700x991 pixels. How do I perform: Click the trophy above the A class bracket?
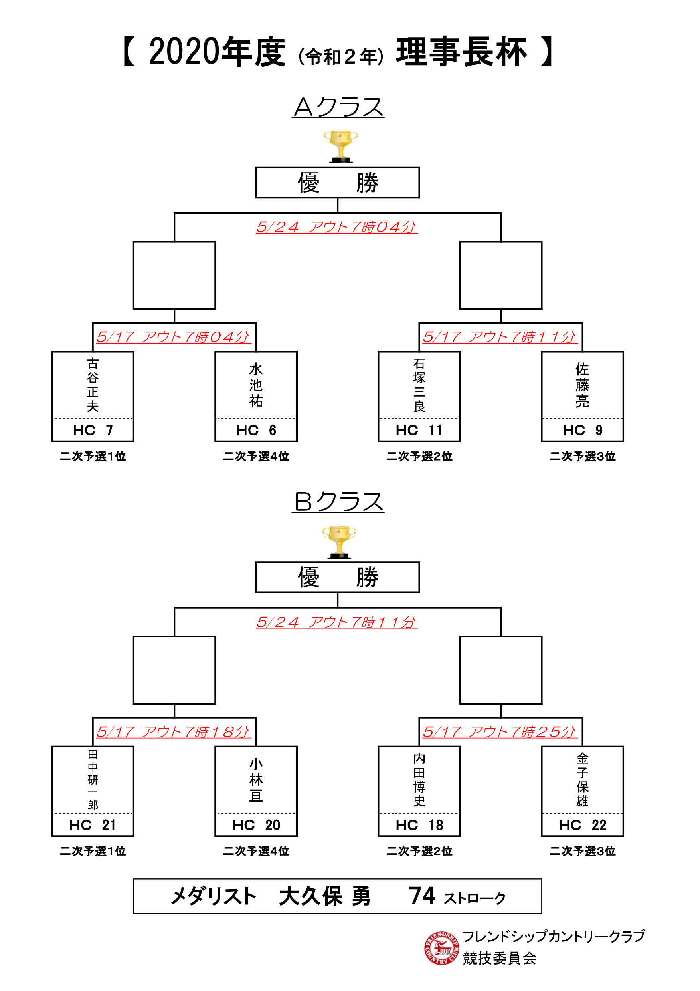340,146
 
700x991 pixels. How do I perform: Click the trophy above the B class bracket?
339,542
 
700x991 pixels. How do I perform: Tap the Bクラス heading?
338,502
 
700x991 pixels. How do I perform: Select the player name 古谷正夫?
93,385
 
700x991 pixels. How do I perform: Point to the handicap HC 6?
256,430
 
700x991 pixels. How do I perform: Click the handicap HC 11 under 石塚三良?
419,430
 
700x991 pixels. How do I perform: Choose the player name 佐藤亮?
582,385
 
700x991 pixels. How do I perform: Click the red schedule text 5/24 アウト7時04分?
337,227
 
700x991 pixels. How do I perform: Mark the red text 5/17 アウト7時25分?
499,732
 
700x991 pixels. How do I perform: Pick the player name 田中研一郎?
93,780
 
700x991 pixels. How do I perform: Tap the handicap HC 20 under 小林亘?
256,825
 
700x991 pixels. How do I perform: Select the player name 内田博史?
419,780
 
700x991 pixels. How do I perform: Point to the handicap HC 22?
583,825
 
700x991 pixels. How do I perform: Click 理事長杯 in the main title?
461,52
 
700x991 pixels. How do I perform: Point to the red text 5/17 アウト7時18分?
173,732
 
